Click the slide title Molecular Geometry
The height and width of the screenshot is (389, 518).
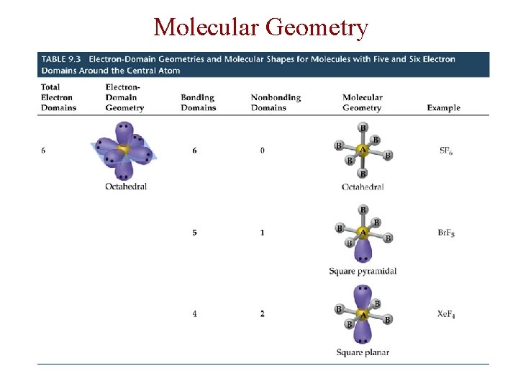click(x=260, y=27)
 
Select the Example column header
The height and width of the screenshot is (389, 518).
click(x=443, y=108)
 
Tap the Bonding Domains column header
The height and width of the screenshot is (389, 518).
click(x=198, y=102)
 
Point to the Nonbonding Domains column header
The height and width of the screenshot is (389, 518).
click(x=269, y=102)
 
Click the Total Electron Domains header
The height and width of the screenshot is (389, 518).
click(x=58, y=97)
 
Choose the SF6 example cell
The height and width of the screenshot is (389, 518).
click(x=446, y=151)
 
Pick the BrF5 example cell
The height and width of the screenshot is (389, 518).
click(x=446, y=233)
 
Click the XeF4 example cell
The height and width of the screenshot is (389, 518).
click(x=446, y=314)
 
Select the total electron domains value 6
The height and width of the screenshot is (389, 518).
click(x=43, y=151)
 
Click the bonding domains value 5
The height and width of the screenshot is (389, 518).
click(x=194, y=233)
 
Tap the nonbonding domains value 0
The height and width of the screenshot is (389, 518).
click(x=263, y=151)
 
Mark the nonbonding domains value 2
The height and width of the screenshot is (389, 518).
click(x=263, y=314)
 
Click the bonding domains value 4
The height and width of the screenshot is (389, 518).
click(x=194, y=314)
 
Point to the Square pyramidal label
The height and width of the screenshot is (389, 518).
click(x=363, y=271)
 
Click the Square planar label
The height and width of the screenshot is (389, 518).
click(x=363, y=352)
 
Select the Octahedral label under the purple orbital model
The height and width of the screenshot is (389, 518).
click(x=126, y=186)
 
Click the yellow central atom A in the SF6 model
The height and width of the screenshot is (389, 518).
click(x=363, y=151)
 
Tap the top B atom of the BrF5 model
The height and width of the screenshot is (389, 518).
click(x=363, y=210)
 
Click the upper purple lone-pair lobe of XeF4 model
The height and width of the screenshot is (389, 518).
click(x=363, y=297)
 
